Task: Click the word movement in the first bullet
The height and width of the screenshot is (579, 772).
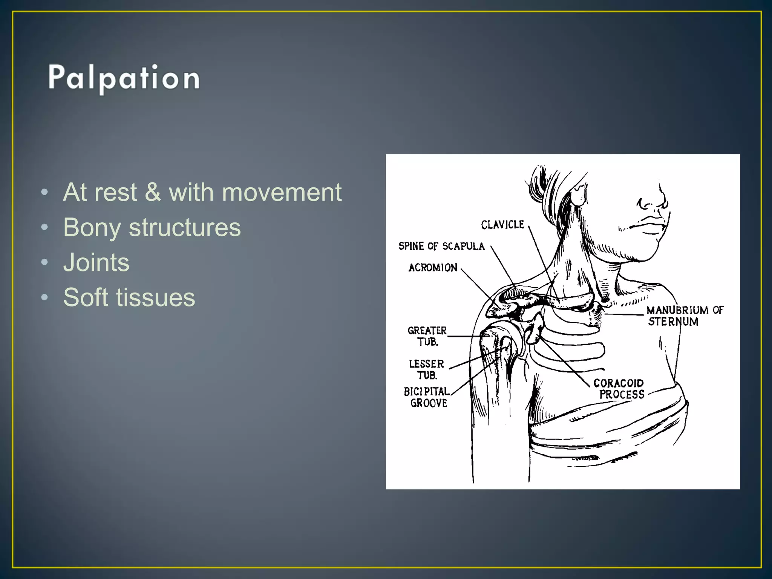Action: (x=282, y=192)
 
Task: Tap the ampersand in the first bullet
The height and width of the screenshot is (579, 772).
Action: (x=153, y=192)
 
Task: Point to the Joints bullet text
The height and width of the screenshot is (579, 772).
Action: (x=96, y=262)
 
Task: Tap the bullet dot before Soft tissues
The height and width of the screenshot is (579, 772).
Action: (x=44, y=297)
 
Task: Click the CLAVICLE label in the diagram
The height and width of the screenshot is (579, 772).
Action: (x=502, y=225)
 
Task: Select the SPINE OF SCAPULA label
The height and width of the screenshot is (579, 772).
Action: (x=441, y=246)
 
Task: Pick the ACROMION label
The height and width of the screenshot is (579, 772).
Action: (x=433, y=268)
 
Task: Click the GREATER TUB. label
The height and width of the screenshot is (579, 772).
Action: (x=427, y=336)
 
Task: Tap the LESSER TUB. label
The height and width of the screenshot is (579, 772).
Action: (x=427, y=369)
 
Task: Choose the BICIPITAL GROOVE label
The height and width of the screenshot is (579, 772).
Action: (x=427, y=397)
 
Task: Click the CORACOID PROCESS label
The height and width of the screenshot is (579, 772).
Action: (x=619, y=389)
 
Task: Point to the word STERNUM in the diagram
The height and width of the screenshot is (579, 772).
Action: (x=673, y=322)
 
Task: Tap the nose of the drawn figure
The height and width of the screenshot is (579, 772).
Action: (x=658, y=200)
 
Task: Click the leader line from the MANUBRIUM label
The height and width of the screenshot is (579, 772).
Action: (x=624, y=314)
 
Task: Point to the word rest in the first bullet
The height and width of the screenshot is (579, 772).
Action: (x=115, y=192)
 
